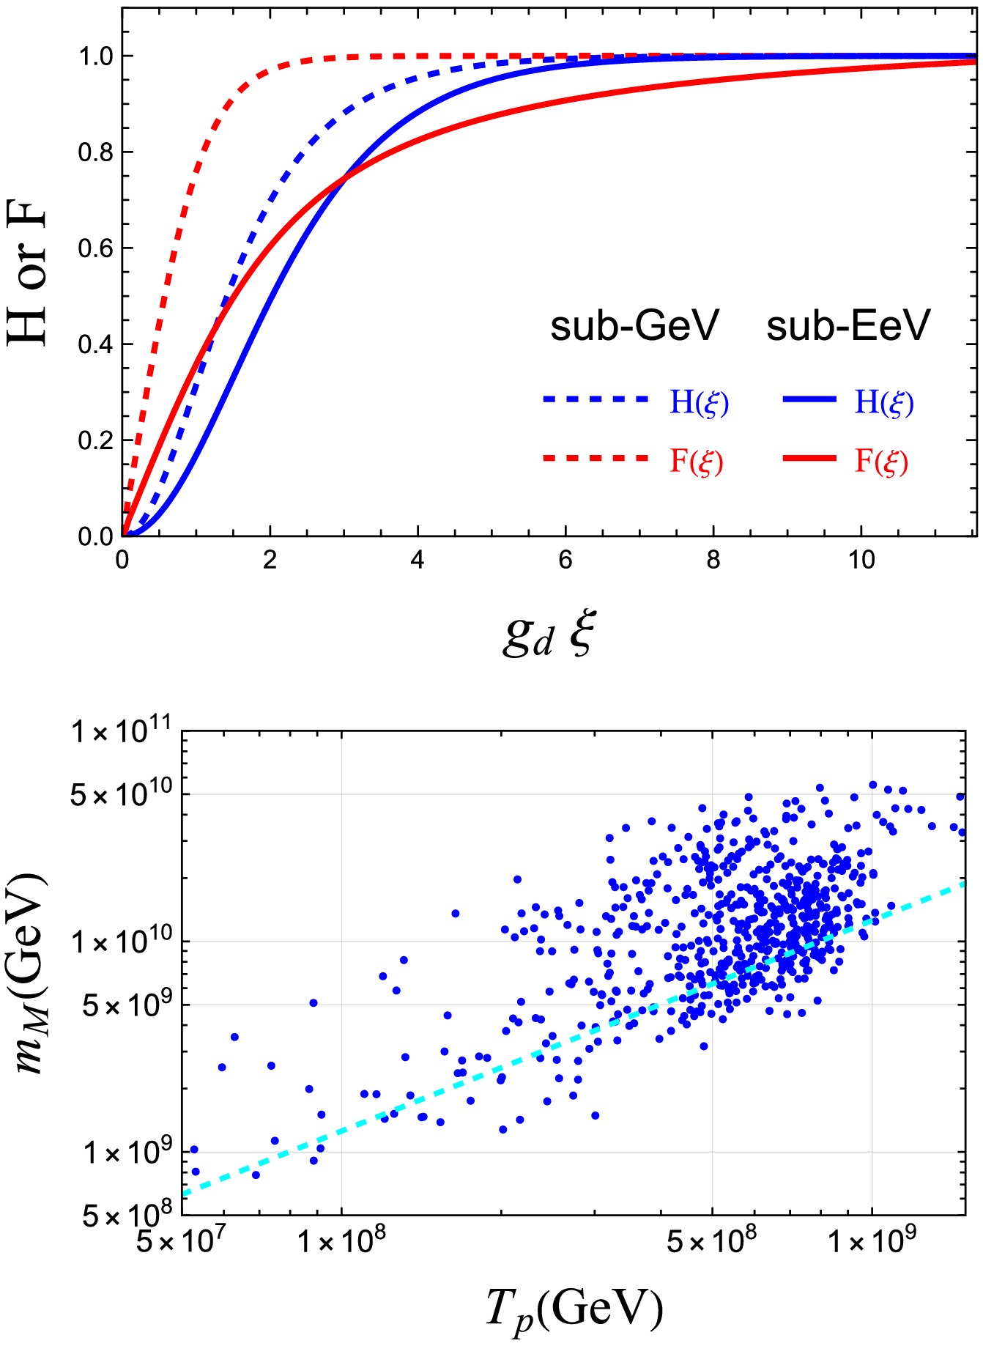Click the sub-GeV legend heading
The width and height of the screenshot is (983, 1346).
pyautogui.click(x=634, y=326)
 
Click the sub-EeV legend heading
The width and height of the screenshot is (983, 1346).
pyautogui.click(x=848, y=326)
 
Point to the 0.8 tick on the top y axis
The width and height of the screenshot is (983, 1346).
pyautogui.click(x=95, y=152)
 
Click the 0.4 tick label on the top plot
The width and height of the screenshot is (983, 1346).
pyautogui.click(x=95, y=344)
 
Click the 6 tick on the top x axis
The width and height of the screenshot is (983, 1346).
pyautogui.click(x=565, y=561)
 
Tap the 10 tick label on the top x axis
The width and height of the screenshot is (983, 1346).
pyautogui.click(x=861, y=561)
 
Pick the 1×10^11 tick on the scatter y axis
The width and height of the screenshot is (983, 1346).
pyautogui.click(x=121, y=731)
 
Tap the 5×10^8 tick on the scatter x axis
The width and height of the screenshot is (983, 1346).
pyautogui.click(x=711, y=1241)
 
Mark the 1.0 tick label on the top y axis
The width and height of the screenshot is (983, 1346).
pyautogui.click(x=95, y=56)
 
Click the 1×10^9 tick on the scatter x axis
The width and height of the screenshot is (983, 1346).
pyautogui.click(x=872, y=1241)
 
